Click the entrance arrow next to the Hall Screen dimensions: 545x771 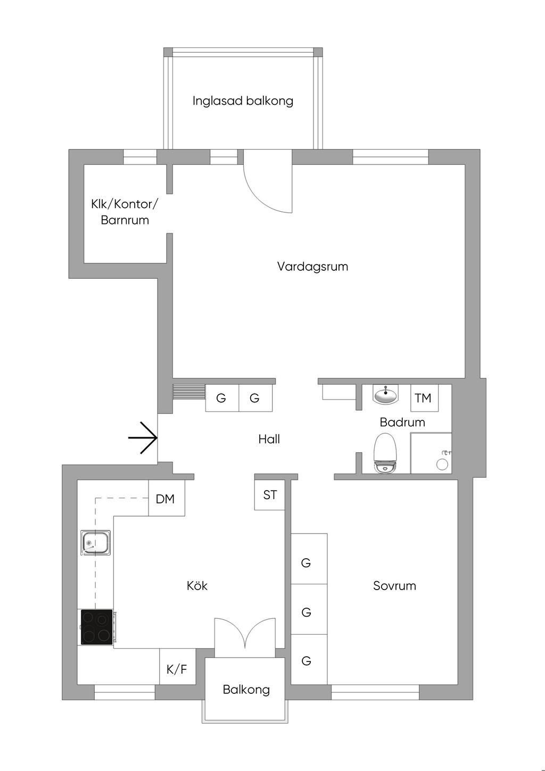click(143, 438)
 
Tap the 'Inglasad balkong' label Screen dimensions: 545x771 click(243, 101)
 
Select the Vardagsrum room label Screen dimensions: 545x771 click(312, 267)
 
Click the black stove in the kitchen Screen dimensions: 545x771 click(97, 627)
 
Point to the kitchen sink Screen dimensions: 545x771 click(96, 543)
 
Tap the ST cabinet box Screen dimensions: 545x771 click(270, 495)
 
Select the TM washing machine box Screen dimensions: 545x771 click(425, 398)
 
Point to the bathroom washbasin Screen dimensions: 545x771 click(385, 394)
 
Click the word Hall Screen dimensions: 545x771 click(269, 439)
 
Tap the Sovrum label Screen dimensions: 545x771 click(394, 585)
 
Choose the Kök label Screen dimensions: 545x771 click(197, 585)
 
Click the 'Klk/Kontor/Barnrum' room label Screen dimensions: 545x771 click(125, 212)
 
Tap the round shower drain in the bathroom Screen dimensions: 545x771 click(442, 465)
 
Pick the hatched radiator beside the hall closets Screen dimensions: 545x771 click(189, 392)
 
